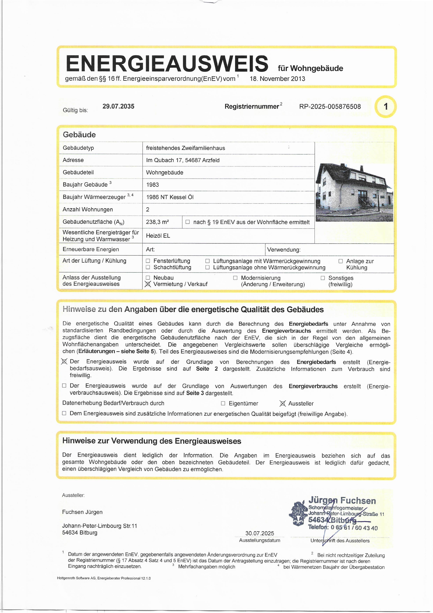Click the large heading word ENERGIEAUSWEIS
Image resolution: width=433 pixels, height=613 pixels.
(167, 64)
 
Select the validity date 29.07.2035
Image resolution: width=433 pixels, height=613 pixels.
(118, 106)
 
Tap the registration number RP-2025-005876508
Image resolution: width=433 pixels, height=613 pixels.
(330, 107)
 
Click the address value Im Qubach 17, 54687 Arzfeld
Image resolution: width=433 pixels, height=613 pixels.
(183, 160)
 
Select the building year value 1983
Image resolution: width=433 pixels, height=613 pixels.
(152, 185)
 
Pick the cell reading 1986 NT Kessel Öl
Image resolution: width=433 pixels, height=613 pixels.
(170, 197)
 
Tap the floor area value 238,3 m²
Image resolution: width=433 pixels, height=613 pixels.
(157, 222)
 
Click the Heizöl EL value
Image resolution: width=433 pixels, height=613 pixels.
(158, 236)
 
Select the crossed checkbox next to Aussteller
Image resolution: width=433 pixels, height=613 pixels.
(283, 403)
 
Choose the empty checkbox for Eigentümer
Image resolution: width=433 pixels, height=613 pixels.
(223, 403)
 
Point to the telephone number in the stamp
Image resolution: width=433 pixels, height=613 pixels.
(354, 528)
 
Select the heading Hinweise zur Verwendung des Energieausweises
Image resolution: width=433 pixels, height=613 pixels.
(152, 441)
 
